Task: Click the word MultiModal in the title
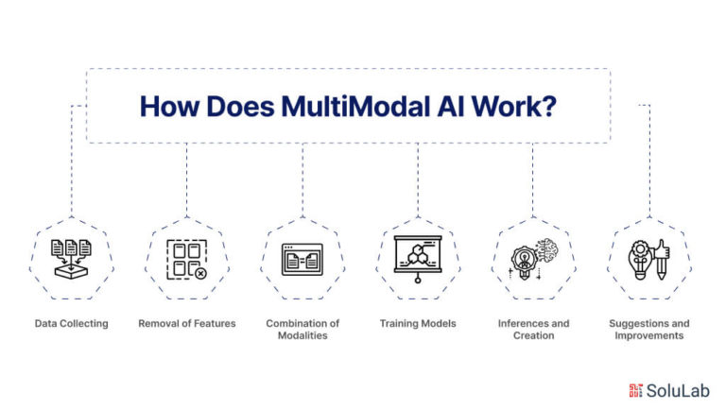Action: [356, 107]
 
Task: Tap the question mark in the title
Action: [548, 107]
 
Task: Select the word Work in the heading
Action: [505, 107]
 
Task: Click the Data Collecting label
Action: [71, 323]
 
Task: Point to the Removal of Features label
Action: [187, 323]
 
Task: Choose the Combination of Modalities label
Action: [302, 330]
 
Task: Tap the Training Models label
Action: [418, 323]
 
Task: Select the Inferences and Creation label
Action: [533, 330]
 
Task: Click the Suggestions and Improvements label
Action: [649, 330]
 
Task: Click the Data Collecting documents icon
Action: [71, 259]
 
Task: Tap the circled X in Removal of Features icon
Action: [200, 273]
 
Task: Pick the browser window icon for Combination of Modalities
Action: [302, 260]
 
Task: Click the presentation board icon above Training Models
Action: [418, 259]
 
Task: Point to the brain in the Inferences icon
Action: [547, 250]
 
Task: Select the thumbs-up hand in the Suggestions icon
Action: [662, 250]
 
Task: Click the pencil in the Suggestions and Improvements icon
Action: [661, 269]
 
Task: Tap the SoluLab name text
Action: [678, 390]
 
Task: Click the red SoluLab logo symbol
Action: [635, 390]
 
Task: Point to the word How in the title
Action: [169, 107]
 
